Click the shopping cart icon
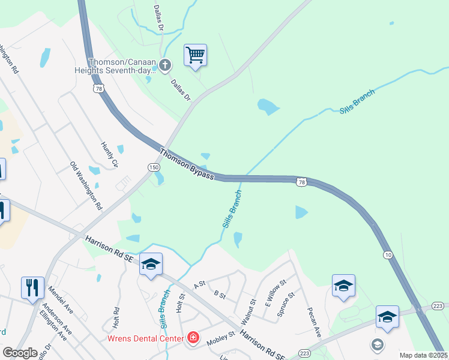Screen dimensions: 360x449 (x=196, y=55)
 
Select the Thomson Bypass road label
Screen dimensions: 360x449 (x=187, y=163)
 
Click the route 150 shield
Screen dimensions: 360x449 (x=153, y=167)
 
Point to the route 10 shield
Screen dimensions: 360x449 (x=389, y=255)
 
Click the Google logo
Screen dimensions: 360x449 (x=20, y=353)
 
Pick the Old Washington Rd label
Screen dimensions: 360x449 (x=86, y=185)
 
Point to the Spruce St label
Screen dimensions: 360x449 (x=286, y=304)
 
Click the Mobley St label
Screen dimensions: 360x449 (x=218, y=341)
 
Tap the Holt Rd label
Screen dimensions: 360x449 (x=117, y=317)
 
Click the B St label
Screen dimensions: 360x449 (x=219, y=295)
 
